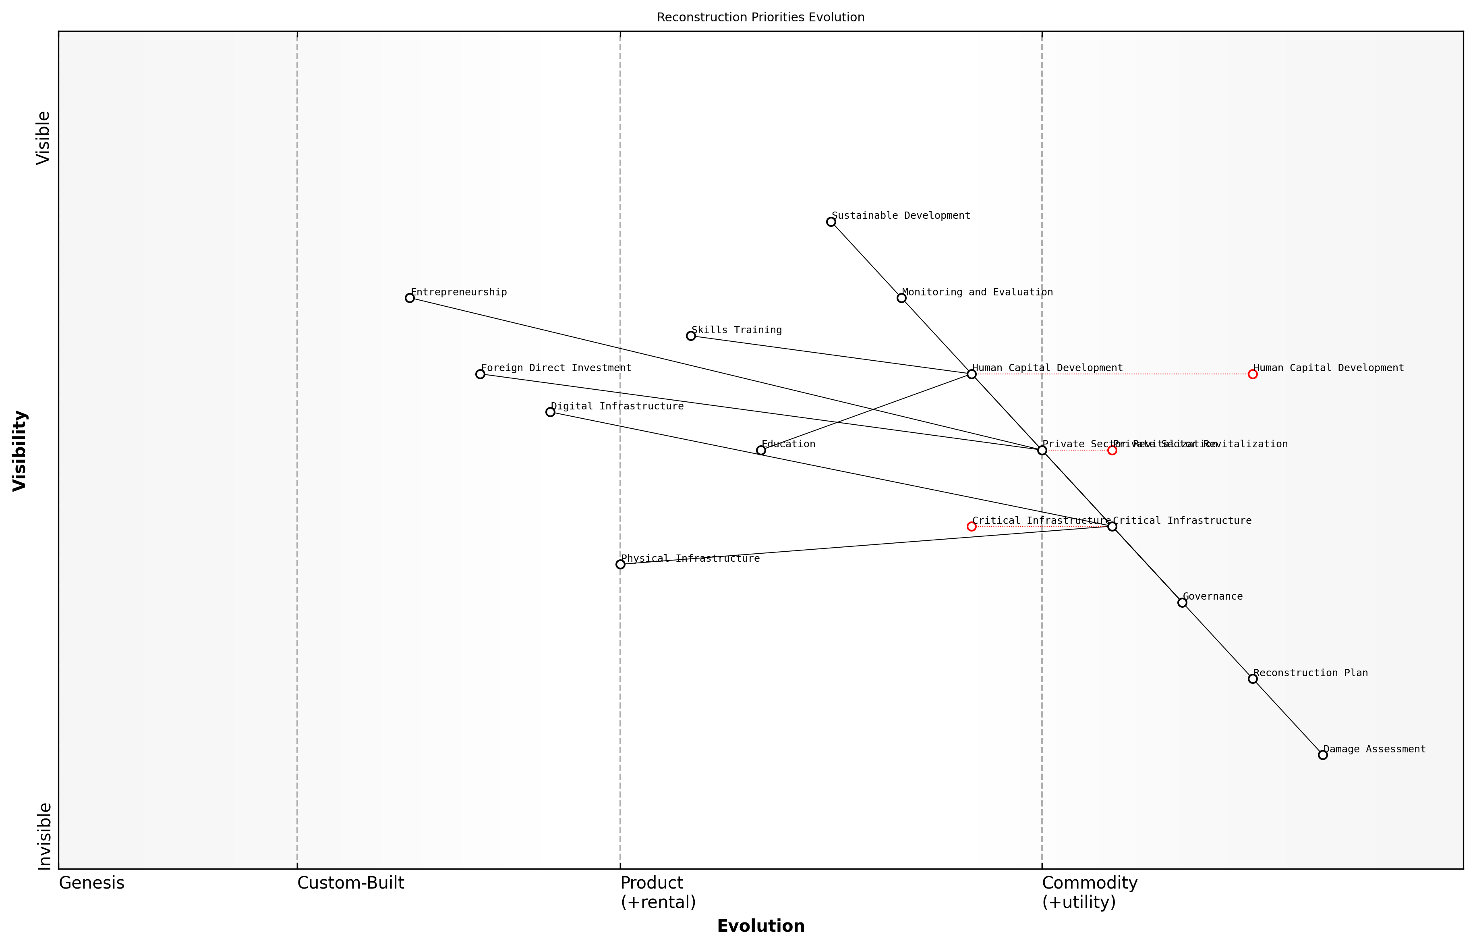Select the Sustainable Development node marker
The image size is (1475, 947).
pos(831,222)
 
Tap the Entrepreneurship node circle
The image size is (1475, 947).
pos(410,298)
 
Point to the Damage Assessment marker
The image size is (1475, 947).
pos(1323,755)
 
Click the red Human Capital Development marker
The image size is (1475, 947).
pos(1253,374)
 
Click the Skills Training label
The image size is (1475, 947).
pos(736,330)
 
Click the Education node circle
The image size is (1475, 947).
pos(761,451)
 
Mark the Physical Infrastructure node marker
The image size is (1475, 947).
pos(620,565)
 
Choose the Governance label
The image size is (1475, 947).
pos(1212,596)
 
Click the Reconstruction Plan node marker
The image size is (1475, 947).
pos(1253,679)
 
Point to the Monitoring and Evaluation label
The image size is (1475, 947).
pos(977,292)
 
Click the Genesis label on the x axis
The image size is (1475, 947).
pos(91,884)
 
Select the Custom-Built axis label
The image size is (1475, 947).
pos(350,884)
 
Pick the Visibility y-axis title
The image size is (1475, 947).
pos(20,451)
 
